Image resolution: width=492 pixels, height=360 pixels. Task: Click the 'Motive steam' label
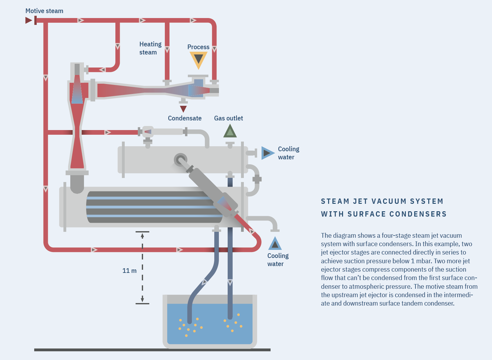pyautogui.click(x=44, y=11)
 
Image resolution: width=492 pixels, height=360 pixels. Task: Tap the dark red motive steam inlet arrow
pyautogui.click(x=28, y=21)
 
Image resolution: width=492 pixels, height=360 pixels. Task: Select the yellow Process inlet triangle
pyautogui.click(x=198, y=59)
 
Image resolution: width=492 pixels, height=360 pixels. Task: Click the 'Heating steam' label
pyautogui.click(x=150, y=48)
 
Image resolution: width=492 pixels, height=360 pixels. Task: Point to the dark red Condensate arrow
pyautogui.click(x=183, y=109)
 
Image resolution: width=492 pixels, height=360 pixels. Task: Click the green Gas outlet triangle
pyautogui.click(x=230, y=131)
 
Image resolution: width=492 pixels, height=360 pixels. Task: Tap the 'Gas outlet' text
pyautogui.click(x=228, y=118)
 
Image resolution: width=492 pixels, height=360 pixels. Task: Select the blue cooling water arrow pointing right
pyautogui.click(x=267, y=153)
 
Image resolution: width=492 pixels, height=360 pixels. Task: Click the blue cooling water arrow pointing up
pyautogui.click(x=275, y=244)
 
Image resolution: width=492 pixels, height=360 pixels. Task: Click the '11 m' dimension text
pyautogui.click(x=129, y=271)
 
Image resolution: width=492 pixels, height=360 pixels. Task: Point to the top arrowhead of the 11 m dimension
pyautogui.click(x=142, y=236)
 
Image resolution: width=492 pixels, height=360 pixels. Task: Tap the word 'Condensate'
pyautogui.click(x=184, y=118)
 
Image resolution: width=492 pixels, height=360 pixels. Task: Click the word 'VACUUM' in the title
pyautogui.click(x=389, y=201)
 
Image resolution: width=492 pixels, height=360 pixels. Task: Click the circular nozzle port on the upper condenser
pyautogui.click(x=180, y=160)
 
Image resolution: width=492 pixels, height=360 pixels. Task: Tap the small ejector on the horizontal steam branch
pyautogui.click(x=148, y=132)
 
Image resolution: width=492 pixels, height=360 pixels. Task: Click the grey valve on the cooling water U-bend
pyautogui.click(x=257, y=179)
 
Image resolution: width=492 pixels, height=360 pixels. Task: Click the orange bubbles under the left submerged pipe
pyautogui.click(x=190, y=327)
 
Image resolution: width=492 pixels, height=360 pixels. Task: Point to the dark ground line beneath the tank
pyautogui.click(x=152, y=350)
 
